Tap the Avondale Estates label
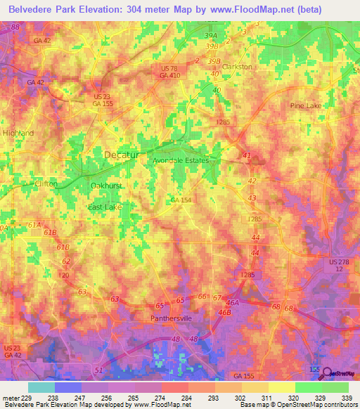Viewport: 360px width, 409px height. click(x=181, y=160)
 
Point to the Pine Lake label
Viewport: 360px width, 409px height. click(x=306, y=105)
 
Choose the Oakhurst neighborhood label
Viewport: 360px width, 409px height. click(x=108, y=186)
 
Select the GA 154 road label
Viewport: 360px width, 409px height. click(x=181, y=200)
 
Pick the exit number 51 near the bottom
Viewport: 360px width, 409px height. click(x=97, y=370)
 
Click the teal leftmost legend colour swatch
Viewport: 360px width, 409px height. click(x=41, y=387)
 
